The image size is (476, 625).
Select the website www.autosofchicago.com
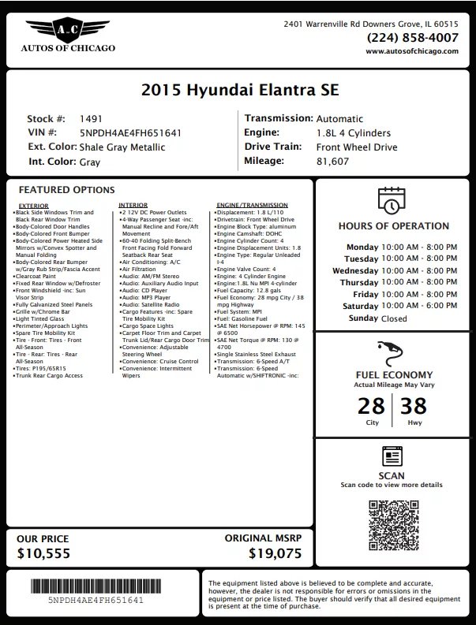[x=411, y=51]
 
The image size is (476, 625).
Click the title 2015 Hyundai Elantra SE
[x=239, y=90]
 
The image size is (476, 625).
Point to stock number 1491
[x=92, y=119]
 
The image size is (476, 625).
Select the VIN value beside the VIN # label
[x=131, y=133]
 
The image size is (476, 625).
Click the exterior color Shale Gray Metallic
[x=122, y=147]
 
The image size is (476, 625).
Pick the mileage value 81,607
[x=332, y=162]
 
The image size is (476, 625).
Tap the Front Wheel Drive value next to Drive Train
[x=357, y=147]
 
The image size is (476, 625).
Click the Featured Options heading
[x=66, y=190]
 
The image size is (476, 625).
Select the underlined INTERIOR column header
[x=133, y=205]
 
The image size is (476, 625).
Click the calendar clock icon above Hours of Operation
[x=392, y=200]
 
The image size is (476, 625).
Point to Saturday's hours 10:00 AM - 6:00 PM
[x=419, y=306]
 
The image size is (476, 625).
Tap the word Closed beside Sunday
[x=394, y=318]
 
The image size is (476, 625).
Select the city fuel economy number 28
[x=371, y=406]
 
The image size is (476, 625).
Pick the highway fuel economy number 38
[x=414, y=406]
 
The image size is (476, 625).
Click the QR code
[x=392, y=523]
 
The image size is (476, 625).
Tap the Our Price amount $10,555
[x=43, y=553]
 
